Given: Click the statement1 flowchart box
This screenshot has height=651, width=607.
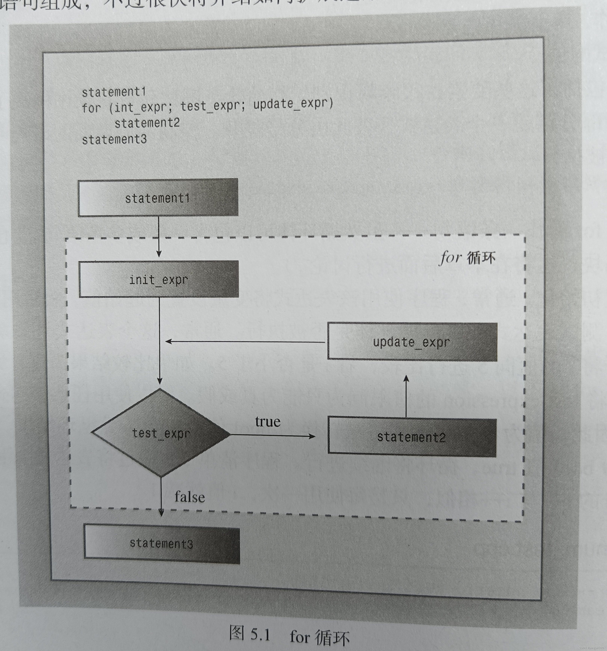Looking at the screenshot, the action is (158, 197).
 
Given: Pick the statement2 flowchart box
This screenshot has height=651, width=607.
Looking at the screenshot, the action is (412, 437).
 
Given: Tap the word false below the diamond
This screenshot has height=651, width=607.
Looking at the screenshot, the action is (190, 497).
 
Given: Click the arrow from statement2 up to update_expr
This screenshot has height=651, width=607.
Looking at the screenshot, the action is (406, 396).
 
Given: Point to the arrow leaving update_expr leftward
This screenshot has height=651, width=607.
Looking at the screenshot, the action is (245, 342).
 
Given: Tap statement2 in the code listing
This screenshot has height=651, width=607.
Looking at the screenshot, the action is (147, 123).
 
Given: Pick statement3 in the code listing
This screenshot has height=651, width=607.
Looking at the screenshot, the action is (114, 140).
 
